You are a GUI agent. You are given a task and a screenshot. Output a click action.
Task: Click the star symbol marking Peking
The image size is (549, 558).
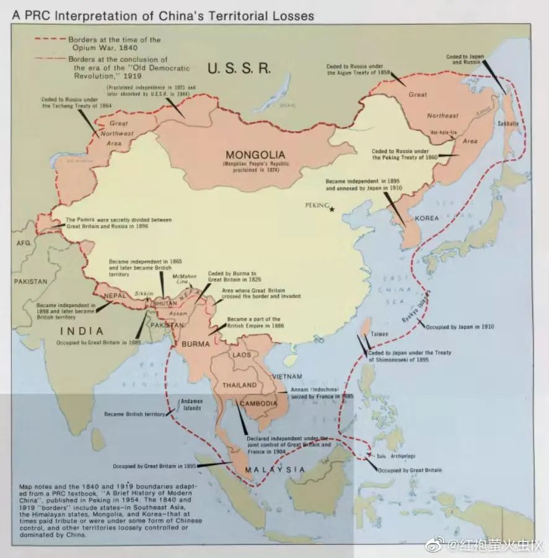(x=332, y=209)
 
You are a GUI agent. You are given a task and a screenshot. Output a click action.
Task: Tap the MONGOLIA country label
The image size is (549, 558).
(x=255, y=155)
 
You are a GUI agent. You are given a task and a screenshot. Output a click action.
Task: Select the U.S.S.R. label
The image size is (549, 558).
(x=239, y=68)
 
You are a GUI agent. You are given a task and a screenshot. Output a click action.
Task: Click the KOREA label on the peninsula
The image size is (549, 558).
(x=426, y=219)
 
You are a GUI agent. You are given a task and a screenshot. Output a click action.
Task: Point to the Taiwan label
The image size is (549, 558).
(x=379, y=334)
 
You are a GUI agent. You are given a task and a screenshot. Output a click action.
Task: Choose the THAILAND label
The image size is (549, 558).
(x=239, y=385)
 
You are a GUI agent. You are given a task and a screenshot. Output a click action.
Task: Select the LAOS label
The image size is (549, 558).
(x=242, y=355)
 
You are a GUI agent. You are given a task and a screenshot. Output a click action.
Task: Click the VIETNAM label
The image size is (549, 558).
(x=286, y=377)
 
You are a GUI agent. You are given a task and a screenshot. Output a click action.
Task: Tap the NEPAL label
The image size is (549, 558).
(x=115, y=295)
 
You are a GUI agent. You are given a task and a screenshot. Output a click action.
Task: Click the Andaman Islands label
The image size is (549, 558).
(x=191, y=404)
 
